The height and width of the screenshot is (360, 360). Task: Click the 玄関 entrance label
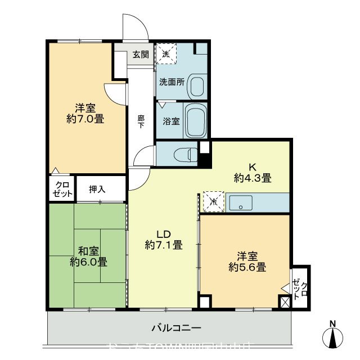(x=141, y=55)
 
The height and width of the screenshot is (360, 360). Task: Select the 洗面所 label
(x=172, y=81)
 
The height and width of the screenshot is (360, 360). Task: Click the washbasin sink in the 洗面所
(x=197, y=86)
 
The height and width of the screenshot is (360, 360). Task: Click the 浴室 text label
(x=172, y=120)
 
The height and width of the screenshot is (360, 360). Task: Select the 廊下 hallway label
(x=141, y=121)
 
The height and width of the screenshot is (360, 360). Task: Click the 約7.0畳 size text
(x=85, y=119)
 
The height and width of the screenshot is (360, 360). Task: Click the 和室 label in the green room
(x=88, y=251)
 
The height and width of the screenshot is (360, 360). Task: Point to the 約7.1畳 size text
(x=163, y=245)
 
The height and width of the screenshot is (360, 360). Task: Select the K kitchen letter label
(x=253, y=167)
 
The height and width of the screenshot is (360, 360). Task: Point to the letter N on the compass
(x=333, y=323)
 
